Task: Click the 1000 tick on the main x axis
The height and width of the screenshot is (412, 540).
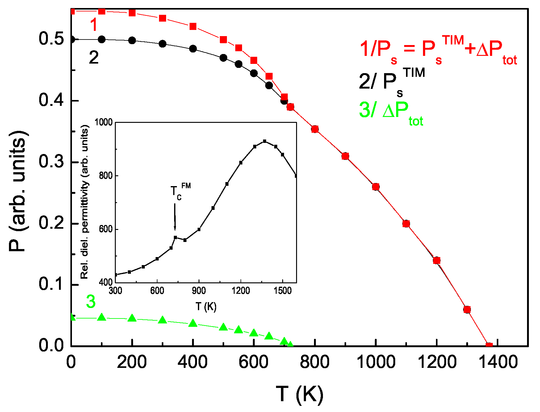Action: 375,362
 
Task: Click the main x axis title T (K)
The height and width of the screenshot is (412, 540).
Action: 299,394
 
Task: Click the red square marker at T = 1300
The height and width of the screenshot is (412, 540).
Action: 467,309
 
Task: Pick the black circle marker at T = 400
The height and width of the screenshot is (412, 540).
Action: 193,49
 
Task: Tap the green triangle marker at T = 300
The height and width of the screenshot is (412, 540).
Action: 162,320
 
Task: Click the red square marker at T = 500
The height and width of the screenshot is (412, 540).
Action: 224,40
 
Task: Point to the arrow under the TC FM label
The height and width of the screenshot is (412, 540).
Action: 175,216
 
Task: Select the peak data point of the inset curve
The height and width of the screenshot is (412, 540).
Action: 265,141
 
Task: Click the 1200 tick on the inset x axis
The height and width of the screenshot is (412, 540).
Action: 241,290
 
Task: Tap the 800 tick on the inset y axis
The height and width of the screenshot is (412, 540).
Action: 106,176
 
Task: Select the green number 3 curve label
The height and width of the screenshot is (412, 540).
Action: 90,302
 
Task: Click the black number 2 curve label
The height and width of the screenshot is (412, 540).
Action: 94,58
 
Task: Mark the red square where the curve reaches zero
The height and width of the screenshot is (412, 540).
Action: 489,345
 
